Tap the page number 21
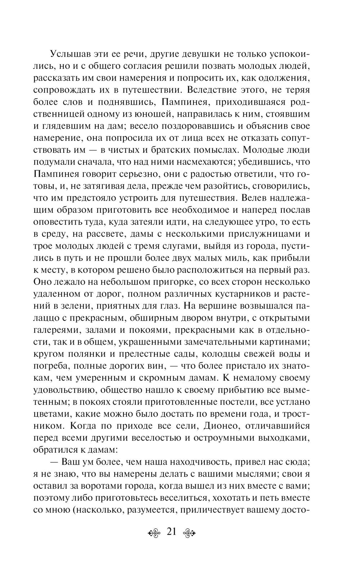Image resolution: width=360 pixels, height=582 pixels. (x=172, y=531)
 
